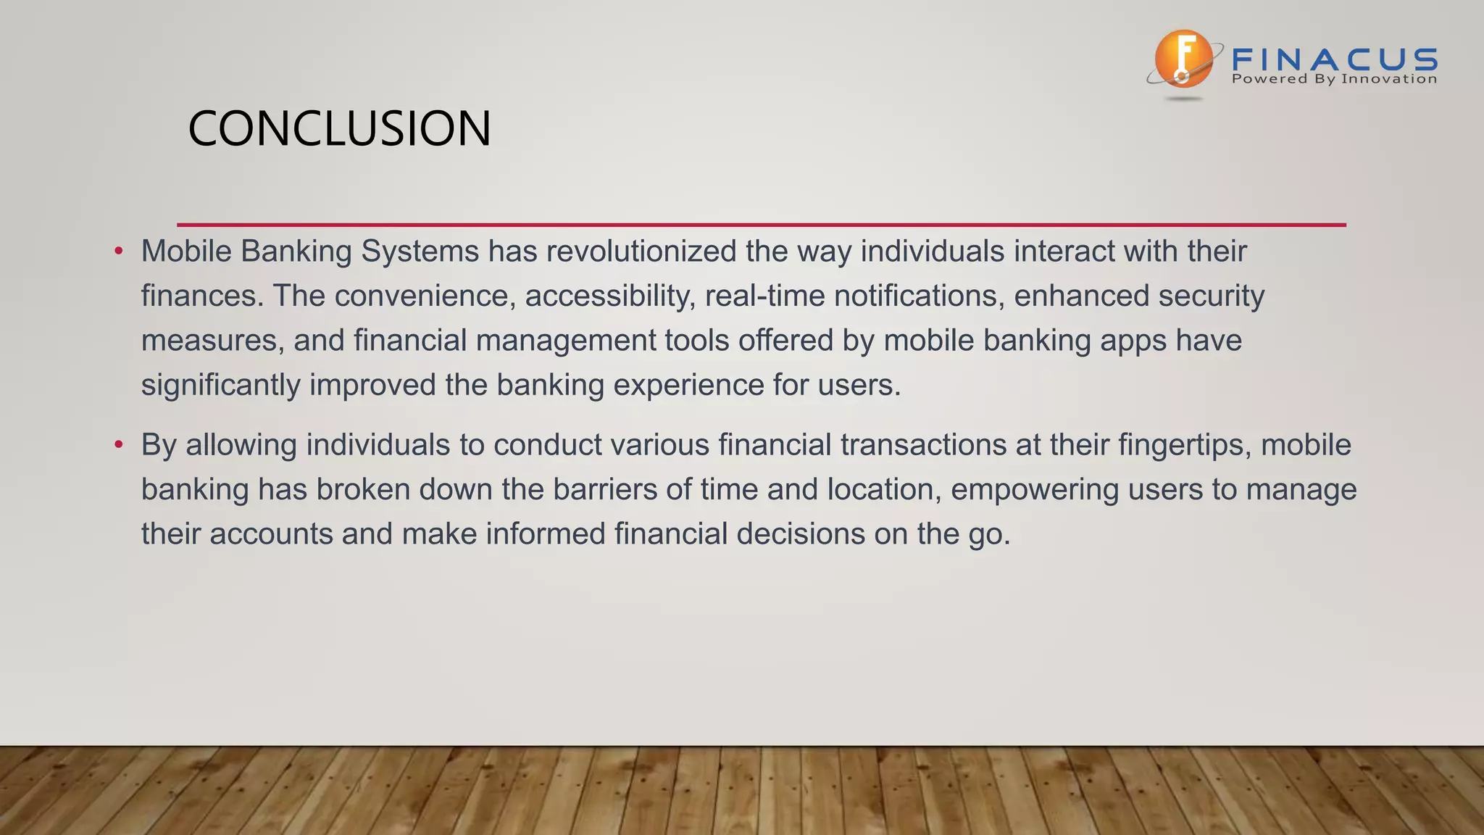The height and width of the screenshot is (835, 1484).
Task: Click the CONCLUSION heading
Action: (339, 129)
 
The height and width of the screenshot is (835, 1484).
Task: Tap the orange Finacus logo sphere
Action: (1182, 59)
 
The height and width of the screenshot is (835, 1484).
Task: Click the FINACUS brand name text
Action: (1334, 59)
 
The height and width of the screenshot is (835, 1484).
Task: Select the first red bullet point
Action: (119, 252)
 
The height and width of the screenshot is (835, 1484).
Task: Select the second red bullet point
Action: (119, 445)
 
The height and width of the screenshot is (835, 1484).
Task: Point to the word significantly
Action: (220, 385)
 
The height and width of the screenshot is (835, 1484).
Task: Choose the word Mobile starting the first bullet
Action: (186, 252)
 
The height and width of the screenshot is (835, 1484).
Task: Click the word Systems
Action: (420, 252)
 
